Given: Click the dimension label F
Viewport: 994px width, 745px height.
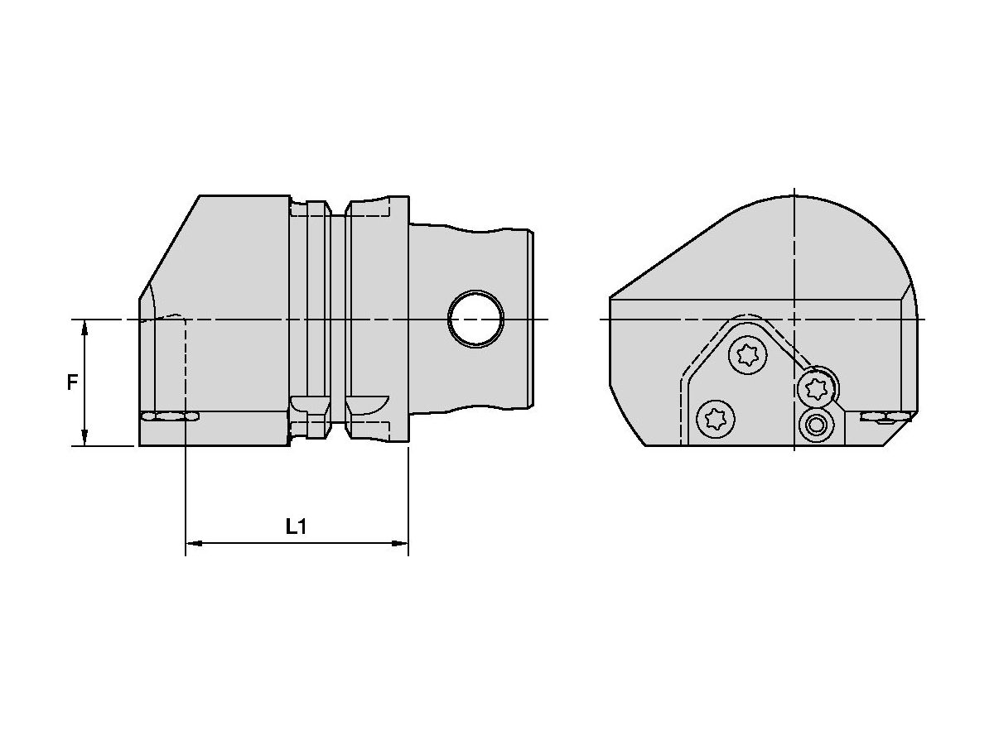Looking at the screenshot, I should (73, 382).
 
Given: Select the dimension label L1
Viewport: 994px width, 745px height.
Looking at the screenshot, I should (296, 526).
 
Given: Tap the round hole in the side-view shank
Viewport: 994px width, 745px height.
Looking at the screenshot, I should (475, 319).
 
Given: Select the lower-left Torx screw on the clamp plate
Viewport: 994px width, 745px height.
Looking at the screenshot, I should (716, 419).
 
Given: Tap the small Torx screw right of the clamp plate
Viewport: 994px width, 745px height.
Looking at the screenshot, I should (815, 386).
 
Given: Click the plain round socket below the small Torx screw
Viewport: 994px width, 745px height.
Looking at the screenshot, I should (817, 425).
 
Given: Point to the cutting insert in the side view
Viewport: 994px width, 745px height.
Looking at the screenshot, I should (169, 416).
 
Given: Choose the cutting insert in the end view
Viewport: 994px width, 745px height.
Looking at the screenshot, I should (886, 416).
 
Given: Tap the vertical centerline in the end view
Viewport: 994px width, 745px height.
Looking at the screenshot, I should (794, 248).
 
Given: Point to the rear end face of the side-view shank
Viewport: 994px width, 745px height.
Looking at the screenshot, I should (532, 319).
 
